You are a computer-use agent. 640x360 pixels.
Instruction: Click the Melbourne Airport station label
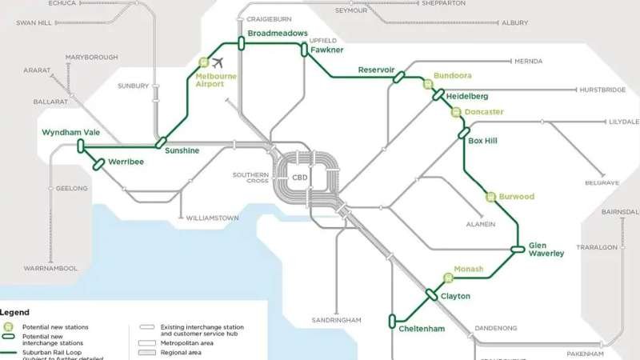tap(217, 79)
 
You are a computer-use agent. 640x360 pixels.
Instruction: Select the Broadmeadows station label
tap(278, 33)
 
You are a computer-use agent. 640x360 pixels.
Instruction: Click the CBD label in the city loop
tap(300, 178)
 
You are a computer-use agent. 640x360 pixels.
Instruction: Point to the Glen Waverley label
tap(546, 250)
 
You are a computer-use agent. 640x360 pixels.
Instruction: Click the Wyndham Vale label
tap(71, 132)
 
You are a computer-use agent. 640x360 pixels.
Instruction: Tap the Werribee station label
tap(126, 162)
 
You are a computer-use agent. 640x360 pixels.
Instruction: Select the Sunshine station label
tap(182, 150)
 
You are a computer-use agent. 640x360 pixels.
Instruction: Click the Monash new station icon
tap(449, 278)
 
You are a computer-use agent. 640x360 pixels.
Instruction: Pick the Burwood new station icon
tap(490, 197)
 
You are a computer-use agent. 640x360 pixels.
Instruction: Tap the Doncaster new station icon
tap(456, 112)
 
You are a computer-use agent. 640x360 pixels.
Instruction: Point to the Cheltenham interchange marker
tap(392, 322)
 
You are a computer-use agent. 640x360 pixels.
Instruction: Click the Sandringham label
tap(336, 320)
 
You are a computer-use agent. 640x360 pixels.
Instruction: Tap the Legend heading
tap(15, 312)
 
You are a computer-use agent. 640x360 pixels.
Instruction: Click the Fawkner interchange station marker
tap(304, 50)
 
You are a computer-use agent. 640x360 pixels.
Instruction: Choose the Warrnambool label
tap(49, 269)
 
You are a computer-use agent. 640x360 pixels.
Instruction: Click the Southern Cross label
tap(250, 178)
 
